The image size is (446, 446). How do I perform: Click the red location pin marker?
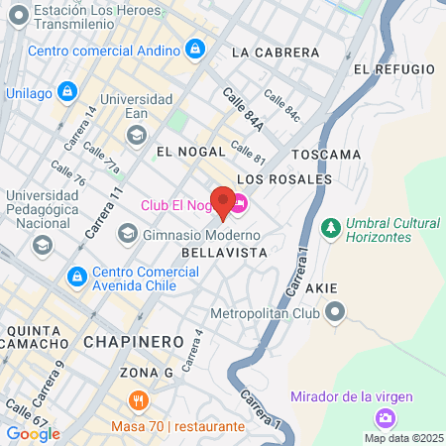pos(223,202)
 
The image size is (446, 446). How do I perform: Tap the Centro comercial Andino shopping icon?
pos(195,48)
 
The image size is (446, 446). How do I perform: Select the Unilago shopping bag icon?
pos(66,92)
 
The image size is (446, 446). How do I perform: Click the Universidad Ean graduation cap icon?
pos(136,133)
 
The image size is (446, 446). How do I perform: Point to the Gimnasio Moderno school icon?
pos(127,234)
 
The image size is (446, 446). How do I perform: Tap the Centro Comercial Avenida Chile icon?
pos(76,275)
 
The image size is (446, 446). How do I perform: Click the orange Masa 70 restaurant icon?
pos(139,401)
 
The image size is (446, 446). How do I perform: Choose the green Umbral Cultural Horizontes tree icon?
pos(330,230)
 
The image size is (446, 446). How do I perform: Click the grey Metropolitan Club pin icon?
pos(335,314)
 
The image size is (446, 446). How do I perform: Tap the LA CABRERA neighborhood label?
pos(275,52)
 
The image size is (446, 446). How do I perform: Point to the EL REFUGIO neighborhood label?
pos(393,68)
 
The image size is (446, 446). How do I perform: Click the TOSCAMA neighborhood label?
pos(326,155)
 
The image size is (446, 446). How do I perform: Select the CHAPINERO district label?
pos(134,341)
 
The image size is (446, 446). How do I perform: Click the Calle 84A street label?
pos(243,109)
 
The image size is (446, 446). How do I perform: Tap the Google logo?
pos(33,433)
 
